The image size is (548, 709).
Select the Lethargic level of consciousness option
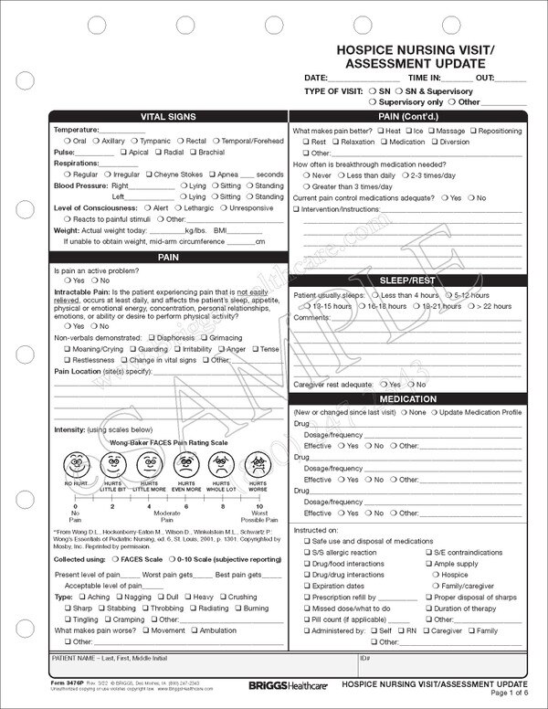[x=182, y=207]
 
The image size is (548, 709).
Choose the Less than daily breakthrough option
[x=342, y=175]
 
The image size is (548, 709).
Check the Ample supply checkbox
[x=428, y=564]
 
